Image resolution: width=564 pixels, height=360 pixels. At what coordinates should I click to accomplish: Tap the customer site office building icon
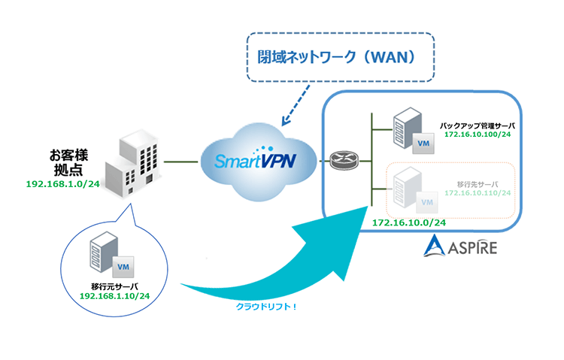click(x=135, y=162)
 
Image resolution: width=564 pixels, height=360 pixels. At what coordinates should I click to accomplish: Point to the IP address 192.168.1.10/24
click(x=112, y=296)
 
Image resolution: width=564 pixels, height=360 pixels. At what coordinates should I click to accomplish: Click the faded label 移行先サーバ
click(x=478, y=183)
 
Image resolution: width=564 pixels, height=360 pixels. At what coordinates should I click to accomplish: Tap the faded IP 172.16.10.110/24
click(x=477, y=193)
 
